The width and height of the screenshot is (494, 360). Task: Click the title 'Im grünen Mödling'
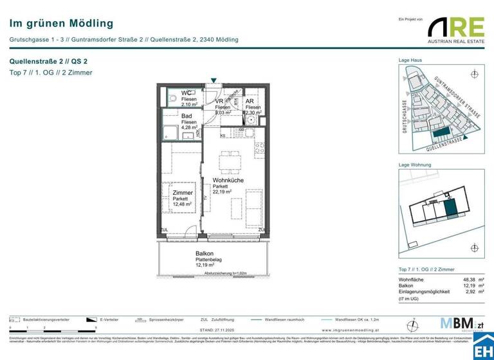(61, 24)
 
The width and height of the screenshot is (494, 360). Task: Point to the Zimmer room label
(183, 193)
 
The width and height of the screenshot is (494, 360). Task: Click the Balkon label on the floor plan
(205, 253)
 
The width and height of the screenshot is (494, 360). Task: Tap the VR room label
(219, 102)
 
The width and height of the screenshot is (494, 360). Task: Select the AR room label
(250, 102)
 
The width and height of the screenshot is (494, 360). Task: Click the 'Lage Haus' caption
(410, 60)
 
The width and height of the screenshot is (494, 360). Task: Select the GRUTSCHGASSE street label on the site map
(405, 116)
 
